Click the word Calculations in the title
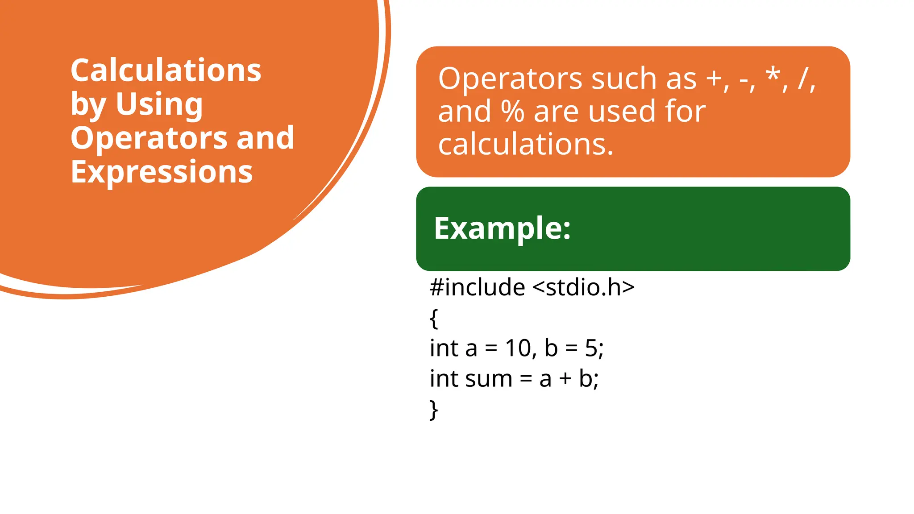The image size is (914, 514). (166, 70)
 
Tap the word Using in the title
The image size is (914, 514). (159, 104)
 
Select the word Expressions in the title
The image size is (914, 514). (162, 172)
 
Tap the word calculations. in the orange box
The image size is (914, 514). (526, 144)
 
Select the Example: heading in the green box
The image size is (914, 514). (502, 228)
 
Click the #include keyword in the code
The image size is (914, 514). (477, 287)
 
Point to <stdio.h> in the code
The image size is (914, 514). (584, 287)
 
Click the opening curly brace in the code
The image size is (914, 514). (434, 319)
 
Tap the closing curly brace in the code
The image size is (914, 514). (434, 410)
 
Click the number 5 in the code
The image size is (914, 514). (591, 348)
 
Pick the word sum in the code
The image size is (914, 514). (489, 379)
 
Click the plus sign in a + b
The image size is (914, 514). (565, 379)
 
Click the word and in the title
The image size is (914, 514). (265, 138)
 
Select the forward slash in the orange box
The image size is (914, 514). (803, 79)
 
